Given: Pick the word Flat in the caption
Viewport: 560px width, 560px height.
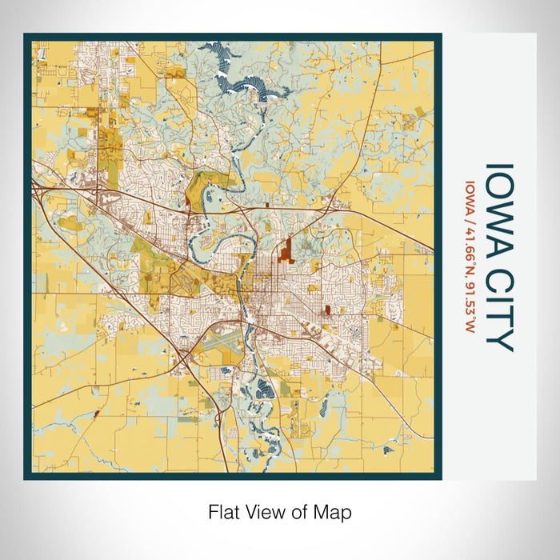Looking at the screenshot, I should (x=224, y=511).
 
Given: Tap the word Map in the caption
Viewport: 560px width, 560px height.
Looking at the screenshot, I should (x=335, y=511).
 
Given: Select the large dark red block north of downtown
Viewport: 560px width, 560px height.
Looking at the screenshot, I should (x=284, y=255).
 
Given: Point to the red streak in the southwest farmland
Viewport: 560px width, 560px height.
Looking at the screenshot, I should (x=96, y=414).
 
